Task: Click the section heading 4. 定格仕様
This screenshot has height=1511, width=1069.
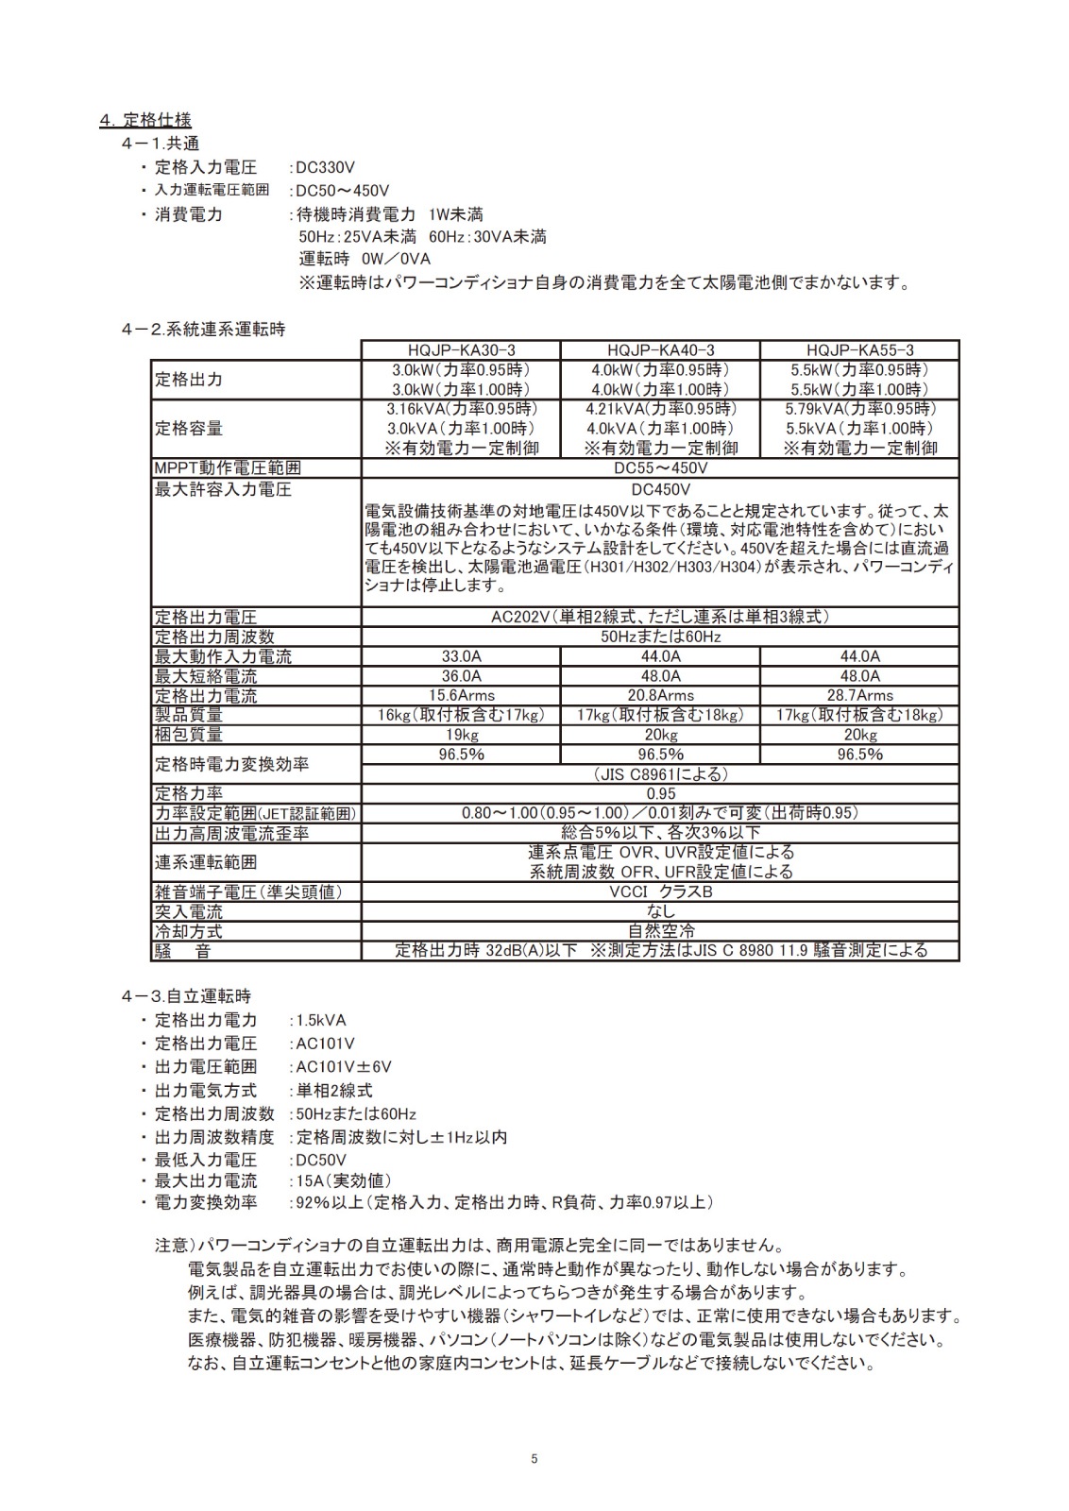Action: (x=145, y=120)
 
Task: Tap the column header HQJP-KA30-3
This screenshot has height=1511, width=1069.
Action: (x=461, y=349)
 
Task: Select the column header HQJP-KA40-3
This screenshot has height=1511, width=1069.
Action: (x=660, y=349)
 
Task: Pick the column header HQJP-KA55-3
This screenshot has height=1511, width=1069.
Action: (x=859, y=349)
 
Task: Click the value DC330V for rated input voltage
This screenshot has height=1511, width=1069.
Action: (x=325, y=167)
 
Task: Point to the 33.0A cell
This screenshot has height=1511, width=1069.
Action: (x=461, y=656)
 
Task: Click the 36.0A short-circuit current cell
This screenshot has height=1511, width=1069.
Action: (x=461, y=676)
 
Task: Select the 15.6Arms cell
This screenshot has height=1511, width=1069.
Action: (x=461, y=696)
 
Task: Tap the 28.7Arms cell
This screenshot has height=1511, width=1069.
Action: (x=859, y=696)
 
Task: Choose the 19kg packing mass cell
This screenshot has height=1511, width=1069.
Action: (x=461, y=735)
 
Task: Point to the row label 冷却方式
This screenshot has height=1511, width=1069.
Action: (x=188, y=931)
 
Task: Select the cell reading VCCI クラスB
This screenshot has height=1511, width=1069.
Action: (x=660, y=891)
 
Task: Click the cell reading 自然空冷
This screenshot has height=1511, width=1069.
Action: (x=660, y=931)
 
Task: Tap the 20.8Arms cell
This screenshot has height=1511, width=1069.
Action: (x=660, y=696)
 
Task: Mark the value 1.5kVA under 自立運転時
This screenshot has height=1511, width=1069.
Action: (x=321, y=1020)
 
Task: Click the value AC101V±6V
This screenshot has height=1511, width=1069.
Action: (x=344, y=1067)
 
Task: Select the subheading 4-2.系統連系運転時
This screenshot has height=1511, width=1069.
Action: (x=203, y=330)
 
